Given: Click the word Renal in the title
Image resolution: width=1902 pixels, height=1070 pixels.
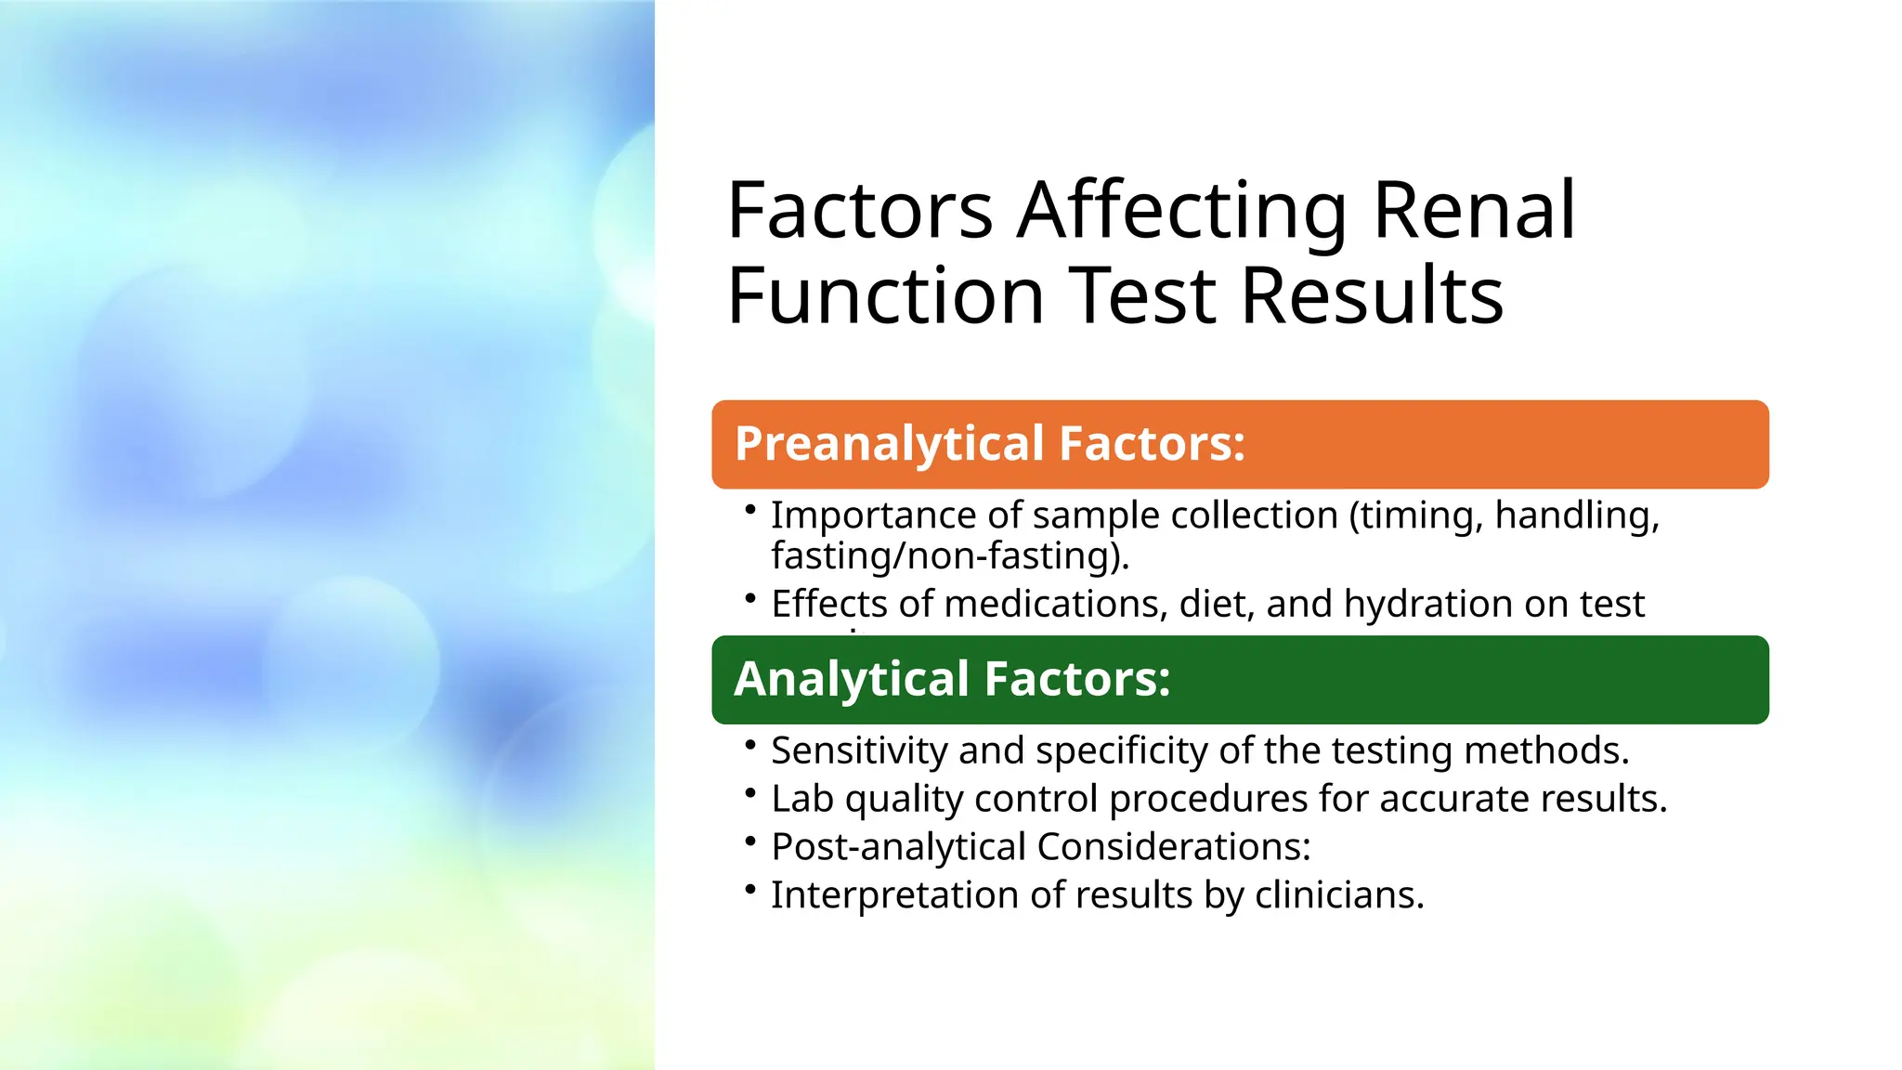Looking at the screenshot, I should point(1473,210).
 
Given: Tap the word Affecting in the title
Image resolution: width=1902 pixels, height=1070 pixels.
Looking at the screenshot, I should point(1181,210).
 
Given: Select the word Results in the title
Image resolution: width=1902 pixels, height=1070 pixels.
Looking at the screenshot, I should point(1371,295).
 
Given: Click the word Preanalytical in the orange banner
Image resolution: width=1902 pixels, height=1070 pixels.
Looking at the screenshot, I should point(889,444).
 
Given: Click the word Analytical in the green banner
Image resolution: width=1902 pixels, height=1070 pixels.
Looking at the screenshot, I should point(852,679).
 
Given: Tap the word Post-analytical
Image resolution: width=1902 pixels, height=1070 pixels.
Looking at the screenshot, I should point(898,847).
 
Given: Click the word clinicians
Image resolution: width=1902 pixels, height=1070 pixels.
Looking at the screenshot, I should point(1338,895).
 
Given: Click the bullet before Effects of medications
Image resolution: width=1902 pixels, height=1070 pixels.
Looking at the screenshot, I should point(750,599).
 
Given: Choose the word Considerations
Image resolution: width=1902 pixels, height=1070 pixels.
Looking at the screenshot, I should point(1172,847).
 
